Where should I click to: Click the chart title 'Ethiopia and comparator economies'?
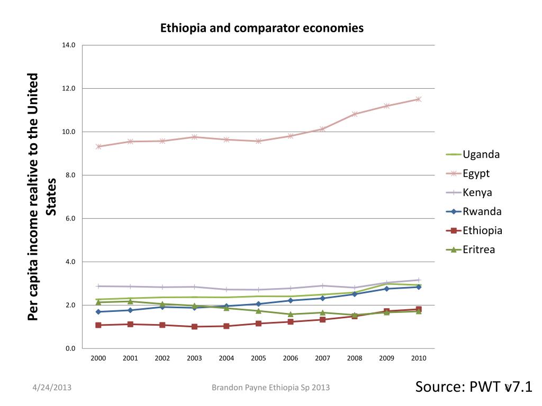point(262,28)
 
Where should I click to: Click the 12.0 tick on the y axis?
point(69,88)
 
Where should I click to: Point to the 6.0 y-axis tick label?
point(69,218)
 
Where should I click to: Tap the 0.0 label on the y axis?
point(69,348)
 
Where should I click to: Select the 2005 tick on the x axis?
point(258,358)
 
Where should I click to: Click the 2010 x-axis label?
point(418,358)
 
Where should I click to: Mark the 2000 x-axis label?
point(98,358)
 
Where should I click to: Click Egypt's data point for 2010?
point(418,99)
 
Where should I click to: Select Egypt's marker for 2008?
point(355,114)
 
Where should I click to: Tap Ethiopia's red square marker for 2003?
point(194,327)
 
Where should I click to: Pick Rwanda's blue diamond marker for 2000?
point(98,312)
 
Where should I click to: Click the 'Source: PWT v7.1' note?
point(473,387)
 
